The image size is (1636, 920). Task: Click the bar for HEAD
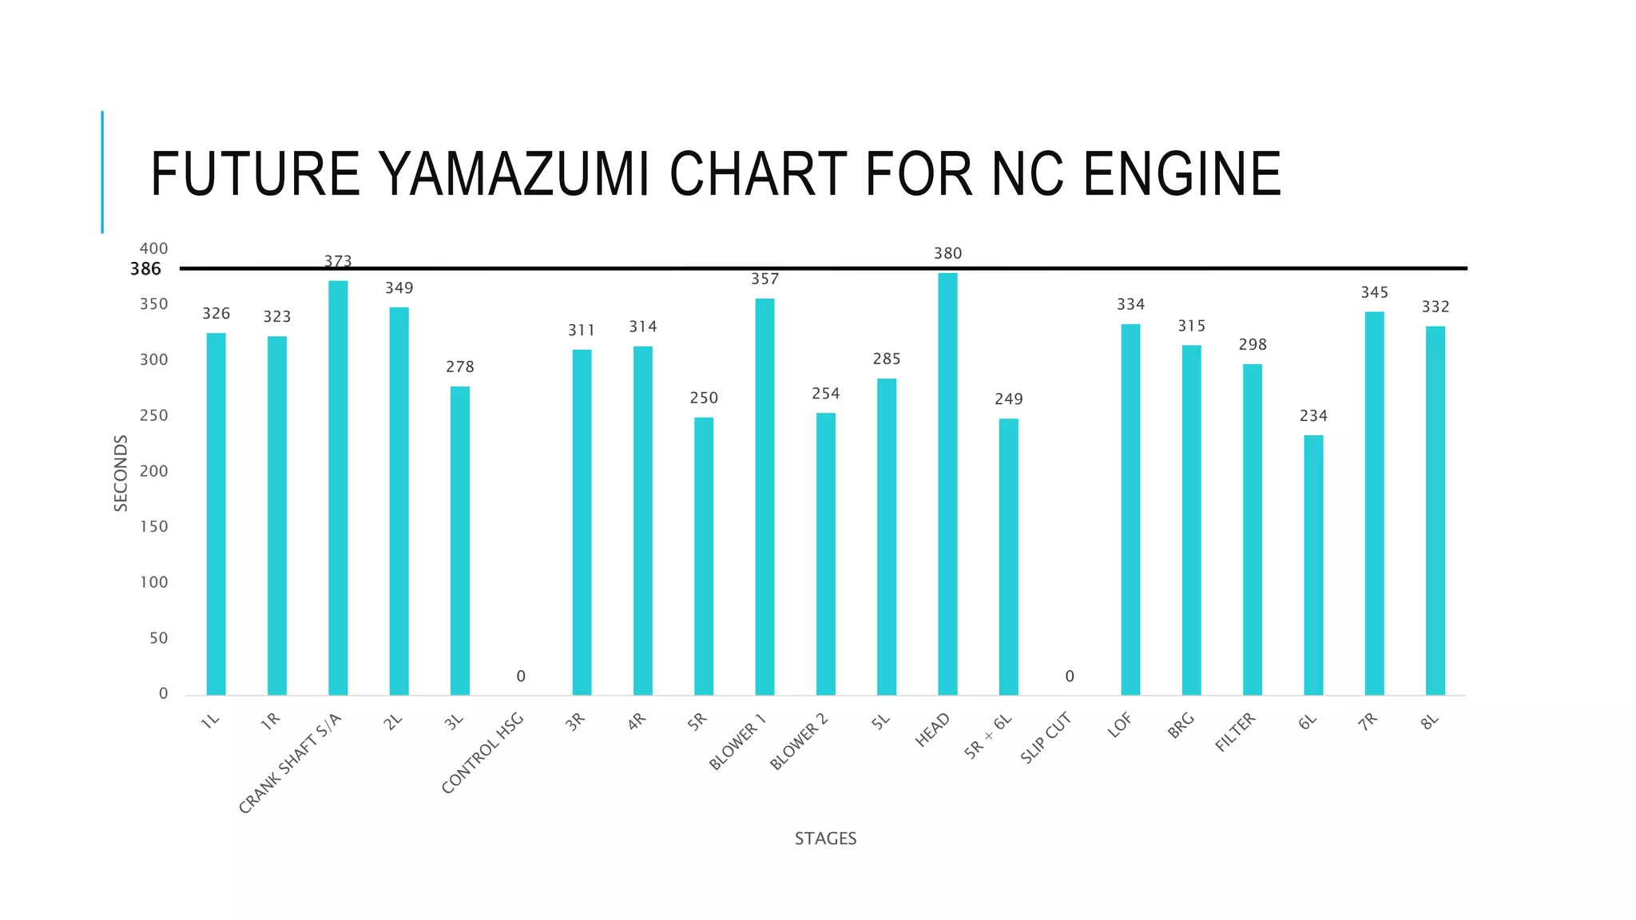pyautogui.click(x=947, y=484)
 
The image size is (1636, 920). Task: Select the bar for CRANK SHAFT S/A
pyautogui.click(x=338, y=488)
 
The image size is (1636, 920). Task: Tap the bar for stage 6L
pyautogui.click(x=1313, y=565)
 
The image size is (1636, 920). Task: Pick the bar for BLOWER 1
pyautogui.click(x=764, y=497)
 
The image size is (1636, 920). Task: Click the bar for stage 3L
pyautogui.click(x=460, y=541)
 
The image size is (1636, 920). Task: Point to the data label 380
pyautogui.click(x=948, y=253)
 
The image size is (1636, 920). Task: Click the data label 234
pyautogui.click(x=1313, y=415)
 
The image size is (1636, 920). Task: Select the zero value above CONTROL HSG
pyautogui.click(x=521, y=676)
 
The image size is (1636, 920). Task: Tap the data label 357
pyautogui.click(x=764, y=279)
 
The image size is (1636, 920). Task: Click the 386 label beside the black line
pyautogui.click(x=145, y=269)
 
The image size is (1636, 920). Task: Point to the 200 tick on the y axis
pyautogui.click(x=154, y=471)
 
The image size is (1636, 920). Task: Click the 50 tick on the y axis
pyautogui.click(x=159, y=638)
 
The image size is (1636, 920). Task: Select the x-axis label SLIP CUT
pyautogui.click(x=1045, y=739)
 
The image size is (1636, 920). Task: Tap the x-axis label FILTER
pyautogui.click(x=1235, y=732)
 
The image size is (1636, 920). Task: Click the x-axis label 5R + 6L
pyautogui.click(x=987, y=736)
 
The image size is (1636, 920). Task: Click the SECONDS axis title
pyautogui.click(x=121, y=474)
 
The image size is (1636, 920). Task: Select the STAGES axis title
pyautogui.click(x=825, y=839)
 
